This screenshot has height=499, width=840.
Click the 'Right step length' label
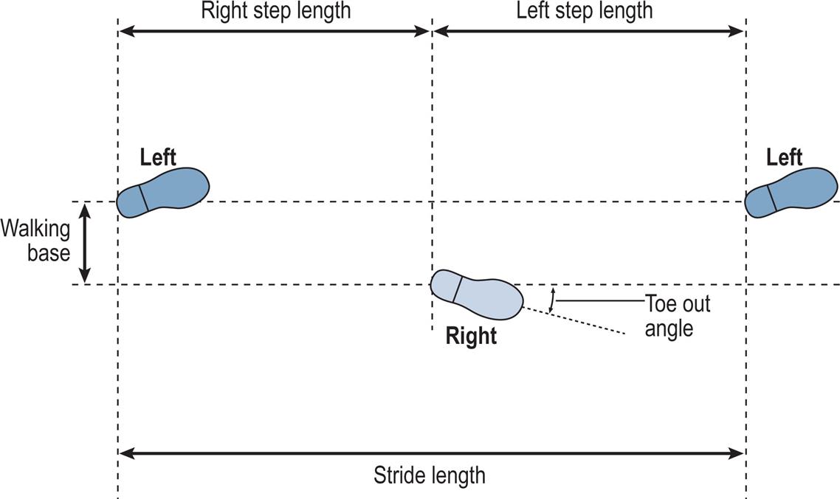point(275,11)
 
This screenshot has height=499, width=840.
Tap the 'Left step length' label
point(584,11)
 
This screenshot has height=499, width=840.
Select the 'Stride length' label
point(430,475)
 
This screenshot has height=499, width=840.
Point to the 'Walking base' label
point(35,241)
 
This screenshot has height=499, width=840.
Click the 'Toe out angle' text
point(677,315)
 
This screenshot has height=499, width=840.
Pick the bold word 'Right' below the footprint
point(471,337)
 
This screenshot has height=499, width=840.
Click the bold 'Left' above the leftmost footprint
point(158,157)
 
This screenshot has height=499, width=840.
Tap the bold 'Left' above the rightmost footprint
point(784,157)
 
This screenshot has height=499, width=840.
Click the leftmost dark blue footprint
point(166,190)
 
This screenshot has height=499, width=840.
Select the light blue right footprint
point(478,293)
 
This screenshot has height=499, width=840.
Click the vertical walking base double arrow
point(85,243)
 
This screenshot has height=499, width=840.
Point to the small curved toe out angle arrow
point(551,299)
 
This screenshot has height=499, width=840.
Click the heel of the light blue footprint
point(444,284)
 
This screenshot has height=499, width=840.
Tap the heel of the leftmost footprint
point(130,202)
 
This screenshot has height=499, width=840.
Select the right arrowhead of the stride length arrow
point(737,452)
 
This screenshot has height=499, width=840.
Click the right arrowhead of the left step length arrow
point(737,31)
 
